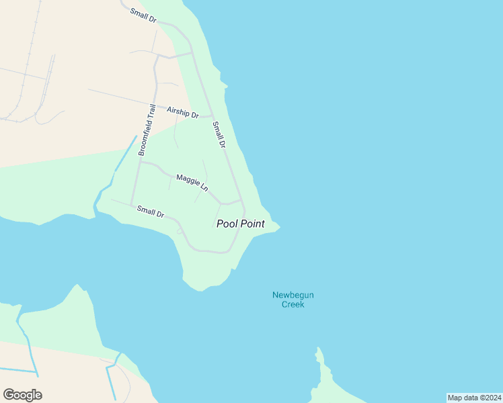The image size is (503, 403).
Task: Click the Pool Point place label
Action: [x=240, y=224]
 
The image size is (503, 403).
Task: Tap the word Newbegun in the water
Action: [x=293, y=295]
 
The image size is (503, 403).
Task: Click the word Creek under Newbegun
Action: [x=293, y=304]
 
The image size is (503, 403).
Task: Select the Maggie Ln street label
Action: [x=192, y=183]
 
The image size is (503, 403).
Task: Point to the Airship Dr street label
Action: [x=183, y=112]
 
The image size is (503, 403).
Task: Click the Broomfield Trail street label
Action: [x=147, y=130]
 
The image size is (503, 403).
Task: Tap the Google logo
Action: [x=22, y=394]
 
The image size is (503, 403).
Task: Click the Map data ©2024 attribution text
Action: [x=475, y=398]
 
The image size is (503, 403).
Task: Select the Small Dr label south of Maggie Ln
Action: [x=151, y=212]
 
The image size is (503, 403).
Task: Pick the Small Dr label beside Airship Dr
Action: [x=219, y=134]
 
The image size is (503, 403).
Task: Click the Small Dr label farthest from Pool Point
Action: [x=143, y=15]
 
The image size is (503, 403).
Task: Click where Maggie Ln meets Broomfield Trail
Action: [x=140, y=161]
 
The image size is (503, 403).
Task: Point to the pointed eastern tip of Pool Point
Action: [x=280, y=227]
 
